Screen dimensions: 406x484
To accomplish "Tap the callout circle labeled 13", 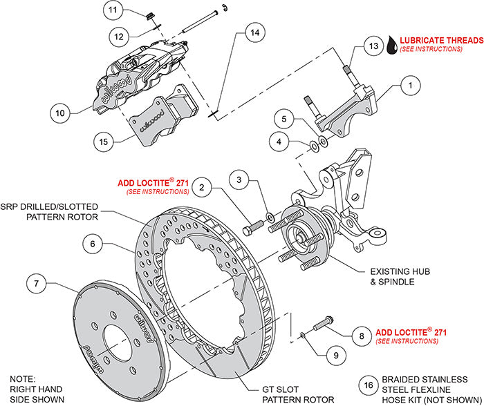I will (x=373, y=46).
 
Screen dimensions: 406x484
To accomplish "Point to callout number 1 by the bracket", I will (x=410, y=86).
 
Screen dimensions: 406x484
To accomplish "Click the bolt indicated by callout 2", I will (x=254, y=225).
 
